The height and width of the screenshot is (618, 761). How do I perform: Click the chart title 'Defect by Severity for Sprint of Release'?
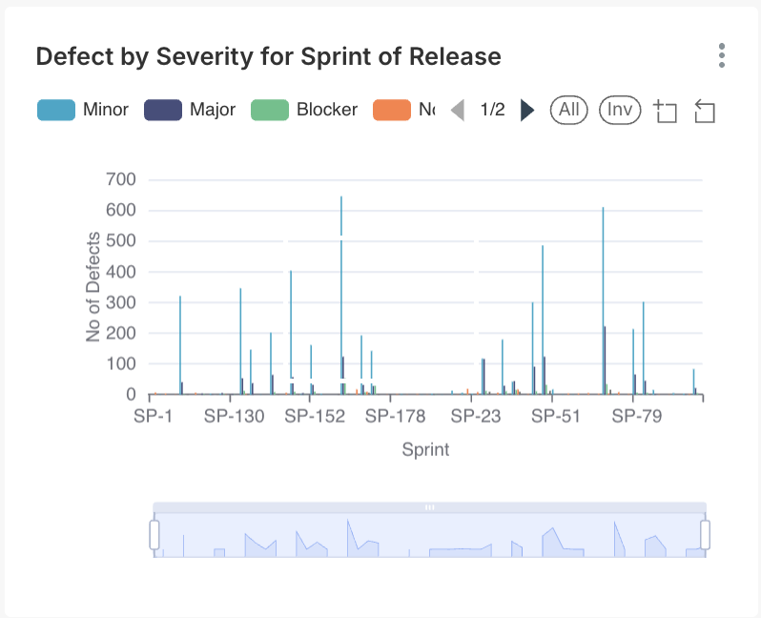(x=268, y=56)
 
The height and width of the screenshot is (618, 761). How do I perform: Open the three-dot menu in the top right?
(x=722, y=55)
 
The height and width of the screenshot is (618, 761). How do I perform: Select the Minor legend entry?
(x=84, y=110)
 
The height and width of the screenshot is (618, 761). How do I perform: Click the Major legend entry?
(x=191, y=110)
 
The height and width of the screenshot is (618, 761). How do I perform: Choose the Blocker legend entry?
(x=304, y=110)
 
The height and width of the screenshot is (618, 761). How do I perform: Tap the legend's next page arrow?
(x=527, y=111)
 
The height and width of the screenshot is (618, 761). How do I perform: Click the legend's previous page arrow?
(x=458, y=111)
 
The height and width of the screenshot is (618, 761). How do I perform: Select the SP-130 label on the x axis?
(x=234, y=417)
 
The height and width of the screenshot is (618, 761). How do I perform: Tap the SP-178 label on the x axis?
(x=395, y=417)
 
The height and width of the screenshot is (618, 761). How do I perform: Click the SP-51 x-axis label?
(x=556, y=417)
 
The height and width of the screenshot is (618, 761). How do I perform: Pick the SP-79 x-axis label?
(x=637, y=417)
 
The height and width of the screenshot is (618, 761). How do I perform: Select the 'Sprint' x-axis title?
(x=425, y=449)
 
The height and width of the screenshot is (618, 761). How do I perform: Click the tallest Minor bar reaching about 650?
(x=341, y=286)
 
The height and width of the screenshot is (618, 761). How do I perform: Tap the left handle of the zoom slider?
(x=154, y=535)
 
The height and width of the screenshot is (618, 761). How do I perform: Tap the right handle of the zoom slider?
(x=706, y=535)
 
